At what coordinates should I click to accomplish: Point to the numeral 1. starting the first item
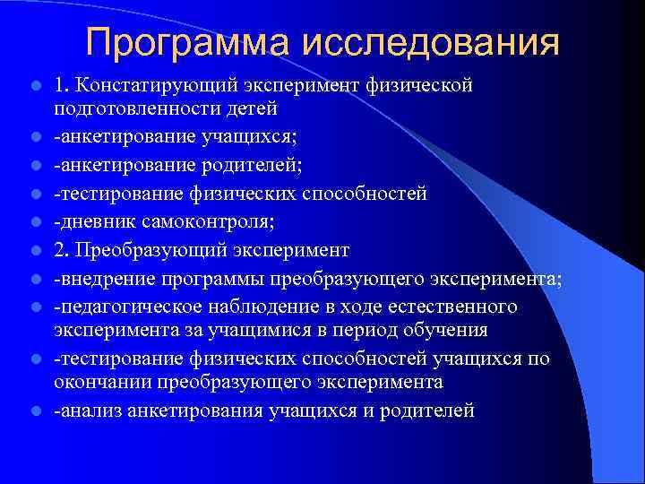61,86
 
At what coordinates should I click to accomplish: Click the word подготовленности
131,109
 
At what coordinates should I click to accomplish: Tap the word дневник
92,221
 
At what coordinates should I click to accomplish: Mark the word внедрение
101,278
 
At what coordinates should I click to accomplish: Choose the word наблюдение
254,307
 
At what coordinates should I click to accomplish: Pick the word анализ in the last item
88,411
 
